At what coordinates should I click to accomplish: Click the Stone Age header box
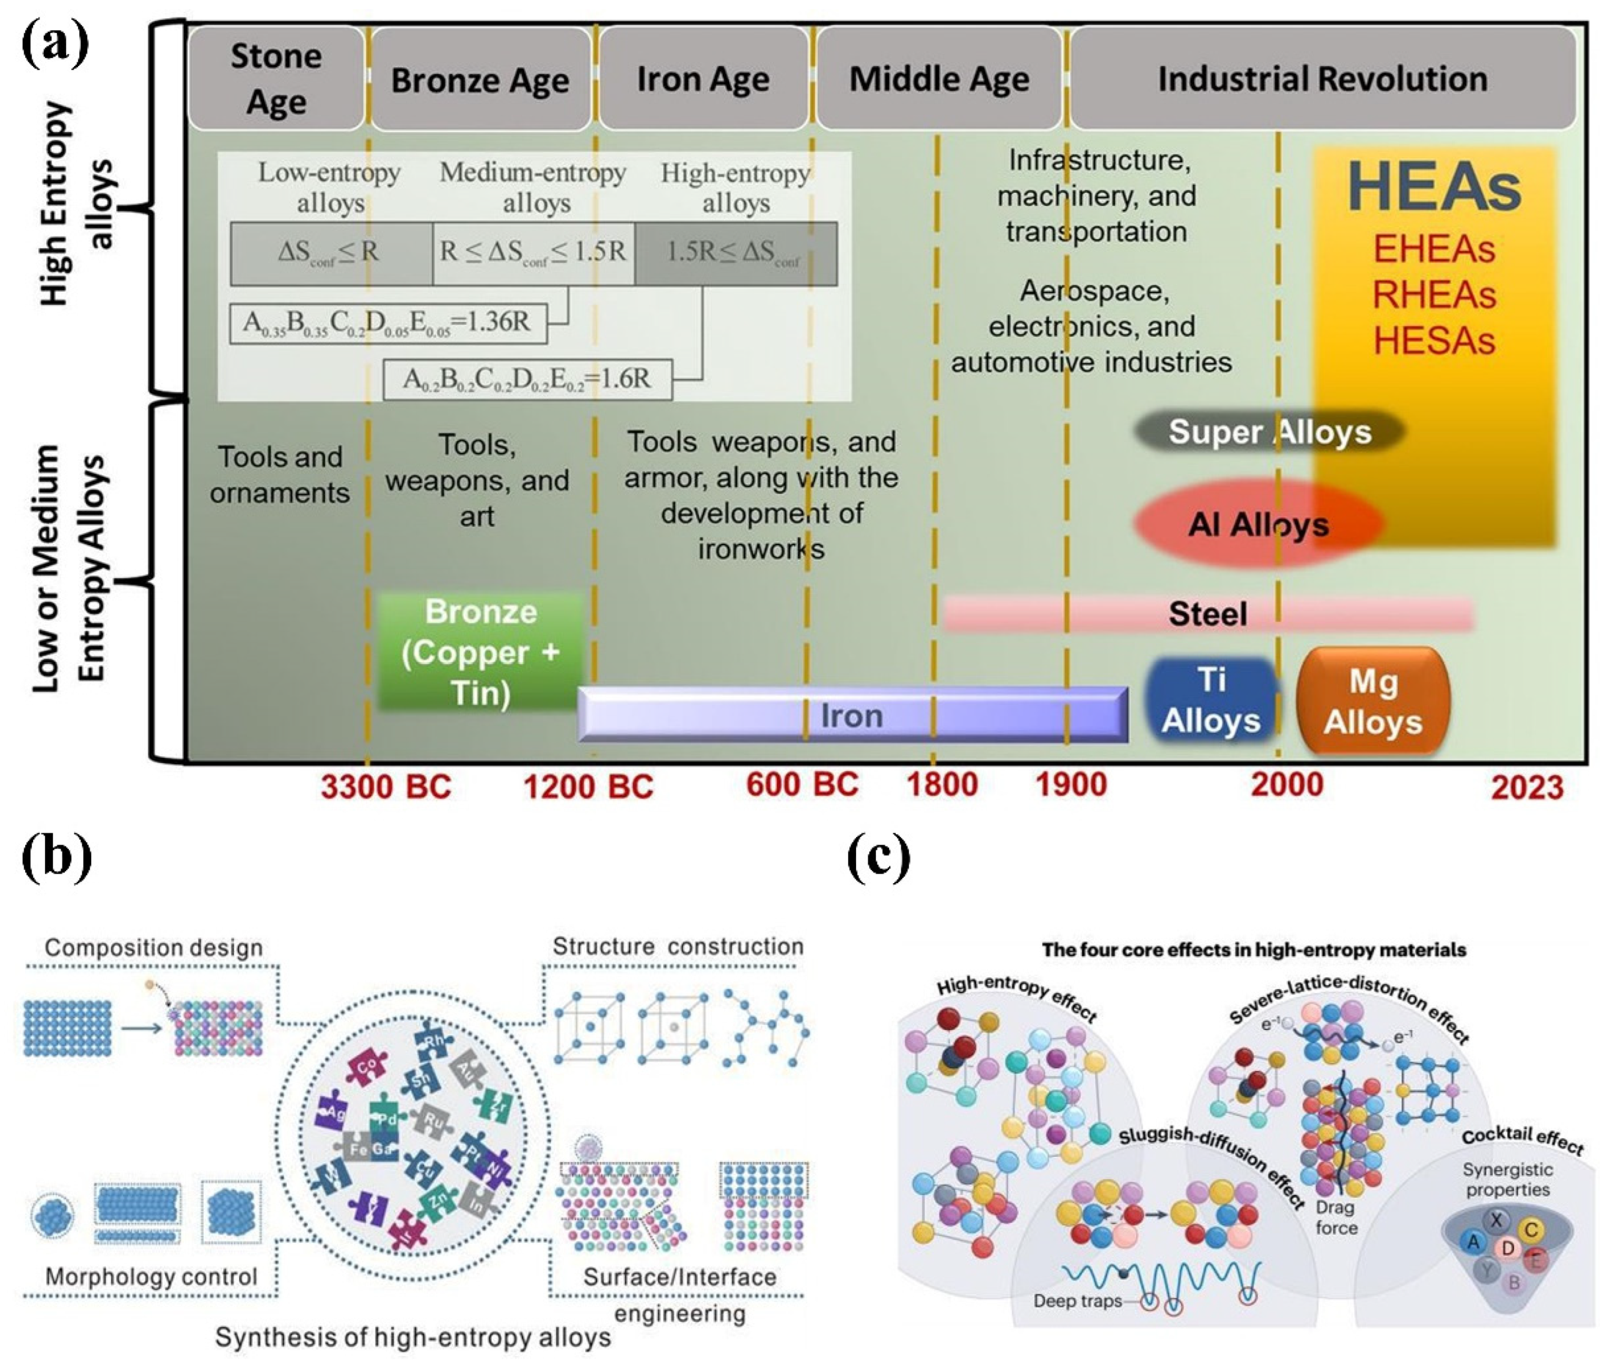click(276, 78)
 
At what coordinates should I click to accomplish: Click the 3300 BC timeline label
click(386, 787)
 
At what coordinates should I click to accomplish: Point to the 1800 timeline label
click(942, 784)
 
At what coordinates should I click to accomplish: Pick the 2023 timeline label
click(1527, 787)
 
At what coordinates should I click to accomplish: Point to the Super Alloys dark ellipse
click(1269, 432)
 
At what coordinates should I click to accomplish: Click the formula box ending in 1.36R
click(387, 323)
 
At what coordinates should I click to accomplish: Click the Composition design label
click(154, 947)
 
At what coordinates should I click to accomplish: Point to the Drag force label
click(1336, 1217)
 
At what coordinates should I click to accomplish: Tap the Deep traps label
click(1077, 1301)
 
